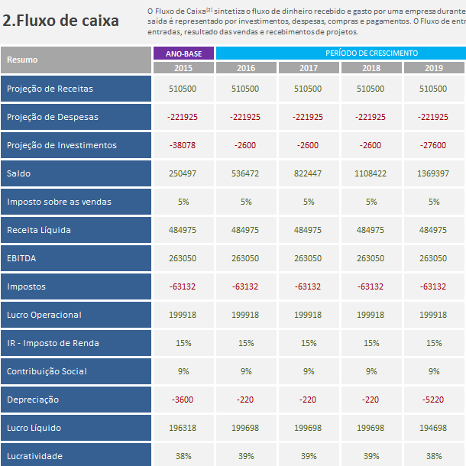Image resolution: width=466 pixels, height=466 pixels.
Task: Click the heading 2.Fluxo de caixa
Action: click(60, 21)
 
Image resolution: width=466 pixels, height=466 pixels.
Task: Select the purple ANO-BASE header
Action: click(183, 53)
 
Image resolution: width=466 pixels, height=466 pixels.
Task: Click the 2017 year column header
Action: click(309, 68)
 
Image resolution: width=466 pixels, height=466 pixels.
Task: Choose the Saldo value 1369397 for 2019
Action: click(433, 173)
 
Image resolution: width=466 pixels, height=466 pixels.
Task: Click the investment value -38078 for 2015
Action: click(183, 145)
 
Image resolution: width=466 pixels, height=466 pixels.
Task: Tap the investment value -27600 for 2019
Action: click(433, 145)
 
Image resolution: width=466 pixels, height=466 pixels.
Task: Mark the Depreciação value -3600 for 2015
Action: click(183, 400)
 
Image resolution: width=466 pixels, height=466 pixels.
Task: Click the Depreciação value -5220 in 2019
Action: click(433, 400)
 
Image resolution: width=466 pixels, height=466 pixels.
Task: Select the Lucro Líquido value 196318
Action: click(183, 428)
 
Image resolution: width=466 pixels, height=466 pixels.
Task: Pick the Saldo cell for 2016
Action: click(245, 173)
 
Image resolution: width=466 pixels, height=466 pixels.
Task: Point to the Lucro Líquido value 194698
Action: click(433, 428)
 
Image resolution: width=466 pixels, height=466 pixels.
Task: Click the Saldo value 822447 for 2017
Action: click(308, 173)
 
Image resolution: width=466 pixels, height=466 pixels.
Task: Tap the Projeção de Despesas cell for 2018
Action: click(371, 117)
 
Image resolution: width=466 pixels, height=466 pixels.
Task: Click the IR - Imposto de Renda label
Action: click(53, 343)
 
